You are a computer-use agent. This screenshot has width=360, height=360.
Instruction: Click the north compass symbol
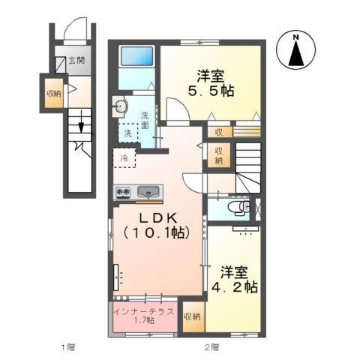tap(297, 52)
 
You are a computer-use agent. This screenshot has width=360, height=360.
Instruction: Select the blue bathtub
tap(135, 55)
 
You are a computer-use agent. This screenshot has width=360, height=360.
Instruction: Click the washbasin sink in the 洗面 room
tap(121, 107)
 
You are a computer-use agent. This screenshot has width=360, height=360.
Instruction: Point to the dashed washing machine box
tap(127, 132)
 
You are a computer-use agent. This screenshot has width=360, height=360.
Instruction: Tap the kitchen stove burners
tap(123, 193)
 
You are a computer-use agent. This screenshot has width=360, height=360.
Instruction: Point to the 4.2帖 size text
tap(234, 286)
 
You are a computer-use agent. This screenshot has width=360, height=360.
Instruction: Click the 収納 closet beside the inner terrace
tap(192, 316)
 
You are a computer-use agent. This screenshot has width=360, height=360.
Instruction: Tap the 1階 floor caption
tap(68, 346)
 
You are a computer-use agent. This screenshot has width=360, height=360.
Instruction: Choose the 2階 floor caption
tap(211, 346)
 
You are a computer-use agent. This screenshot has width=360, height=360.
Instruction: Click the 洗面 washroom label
tap(145, 120)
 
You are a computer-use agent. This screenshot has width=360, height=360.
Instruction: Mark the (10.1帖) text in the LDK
tap(158, 232)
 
